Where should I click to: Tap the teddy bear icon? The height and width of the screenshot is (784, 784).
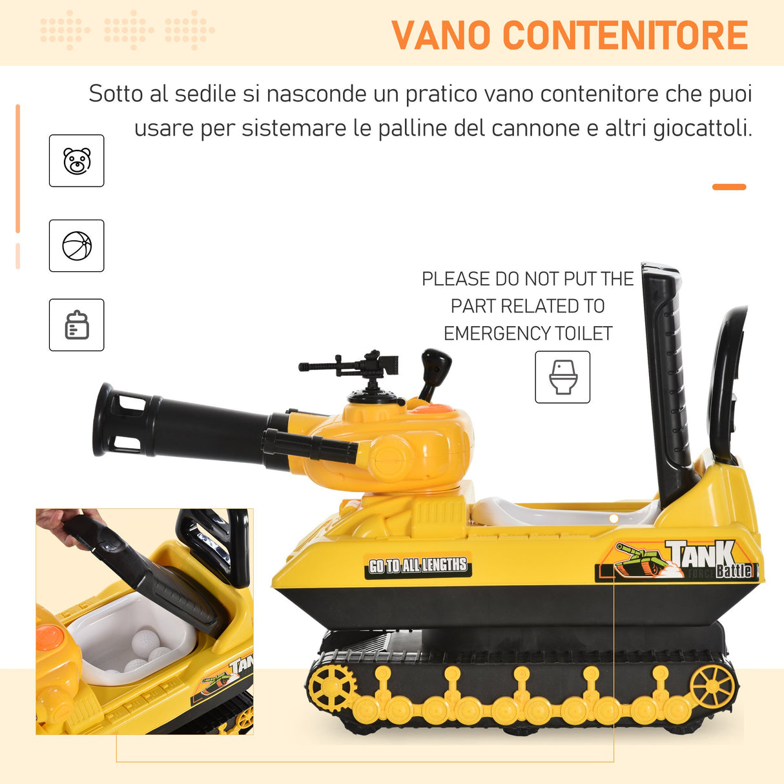coord(77,161)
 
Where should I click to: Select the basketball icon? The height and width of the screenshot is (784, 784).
coord(77,246)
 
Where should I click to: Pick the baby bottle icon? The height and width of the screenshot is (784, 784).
coord(77,325)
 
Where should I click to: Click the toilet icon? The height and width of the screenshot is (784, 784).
coord(562,377)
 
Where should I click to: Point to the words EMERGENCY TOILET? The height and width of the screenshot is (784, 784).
coord(528,333)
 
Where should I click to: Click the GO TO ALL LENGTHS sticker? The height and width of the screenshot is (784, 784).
coord(418,566)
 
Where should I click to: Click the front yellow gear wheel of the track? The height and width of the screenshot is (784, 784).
coord(331,686)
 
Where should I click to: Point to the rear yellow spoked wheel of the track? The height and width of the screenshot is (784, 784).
coord(712,686)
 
